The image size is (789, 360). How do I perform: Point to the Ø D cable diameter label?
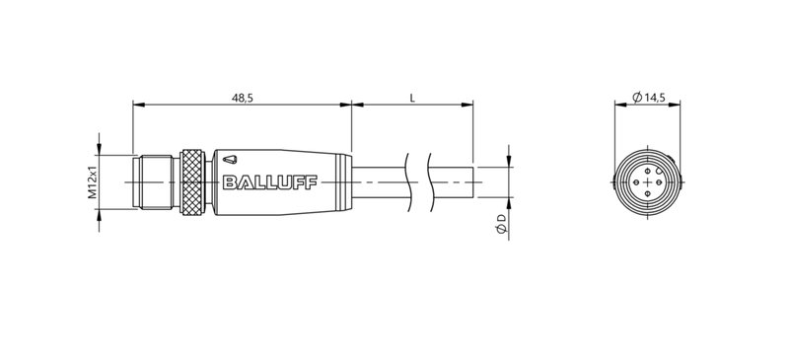pyautogui.click(x=502, y=224)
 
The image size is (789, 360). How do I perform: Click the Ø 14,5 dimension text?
pyautogui.click(x=648, y=97)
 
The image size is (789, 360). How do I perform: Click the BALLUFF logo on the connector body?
pyautogui.click(x=257, y=180)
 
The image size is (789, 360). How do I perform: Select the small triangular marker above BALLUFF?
pyautogui.click(x=230, y=159)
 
